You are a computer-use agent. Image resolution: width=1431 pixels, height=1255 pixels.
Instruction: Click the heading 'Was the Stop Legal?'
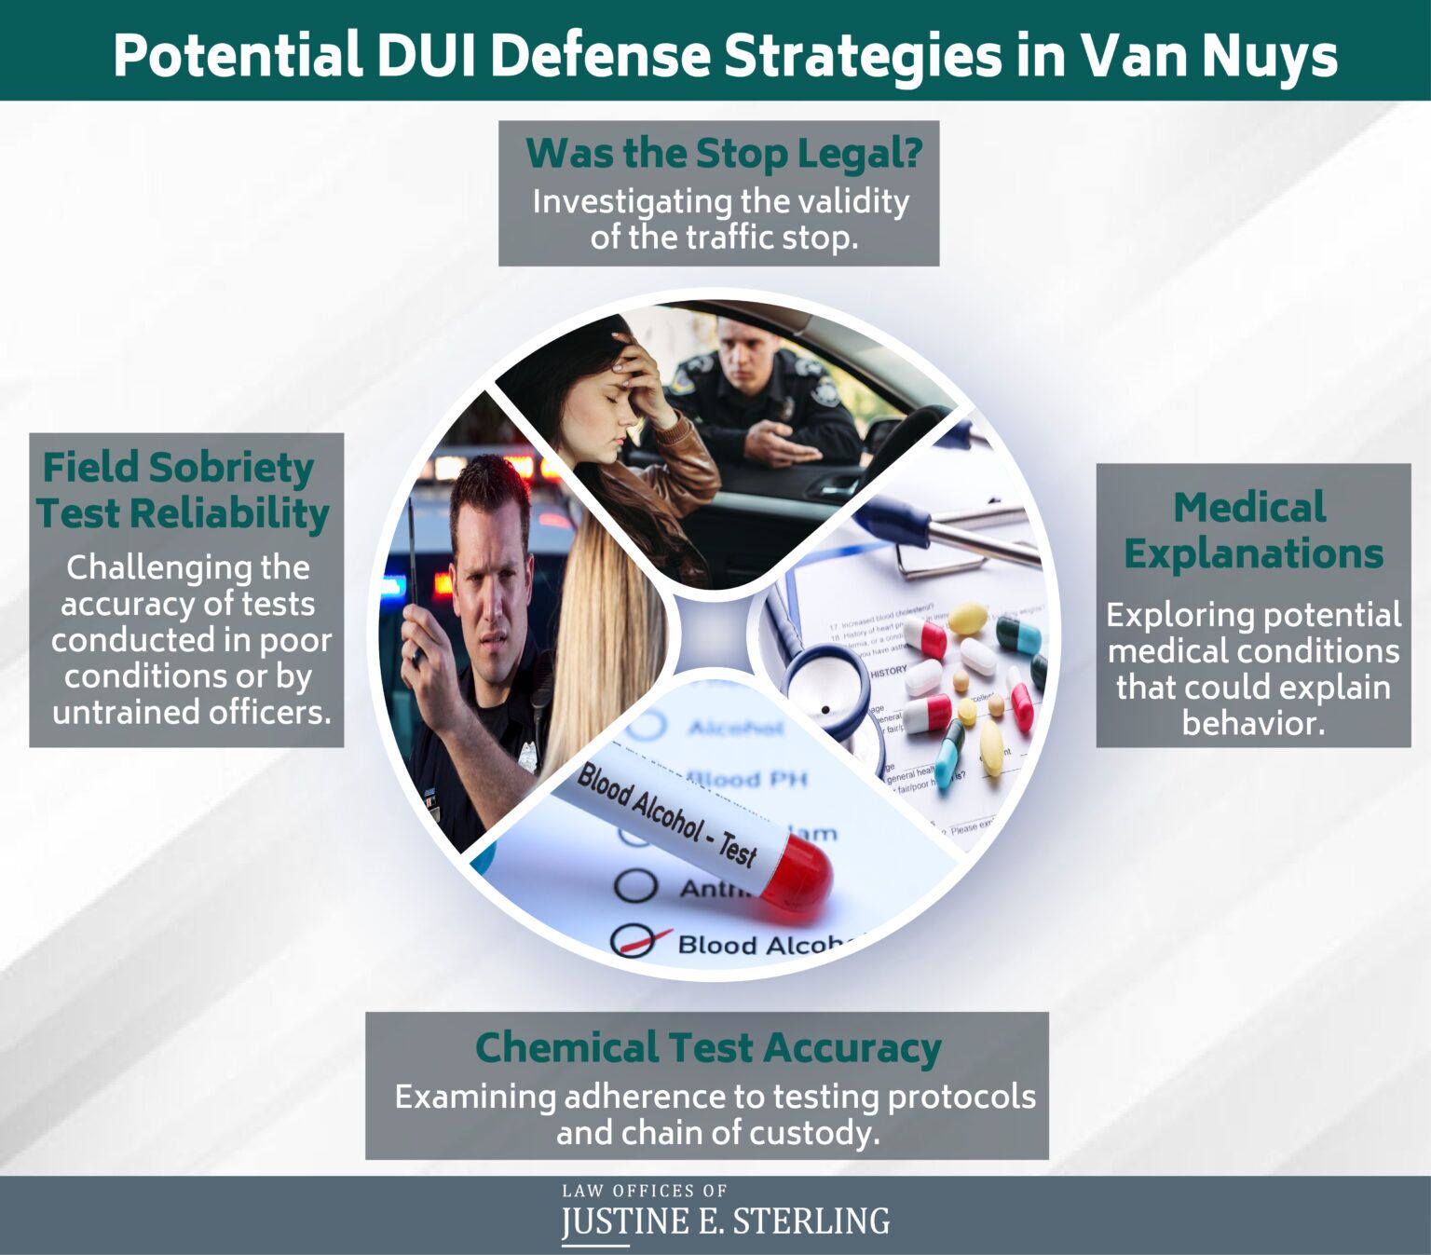[x=723, y=154]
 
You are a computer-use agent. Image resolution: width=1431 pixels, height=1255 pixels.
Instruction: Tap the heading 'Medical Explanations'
[x=1252, y=530]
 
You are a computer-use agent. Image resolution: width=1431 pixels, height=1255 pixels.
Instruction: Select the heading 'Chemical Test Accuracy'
[x=707, y=1047]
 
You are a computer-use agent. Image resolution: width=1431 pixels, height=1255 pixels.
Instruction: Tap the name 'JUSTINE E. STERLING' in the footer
[x=725, y=1221]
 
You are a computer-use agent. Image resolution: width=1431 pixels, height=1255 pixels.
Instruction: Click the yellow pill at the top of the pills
[x=967, y=617]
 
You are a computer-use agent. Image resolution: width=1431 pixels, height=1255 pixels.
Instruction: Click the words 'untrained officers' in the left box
[x=192, y=713]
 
